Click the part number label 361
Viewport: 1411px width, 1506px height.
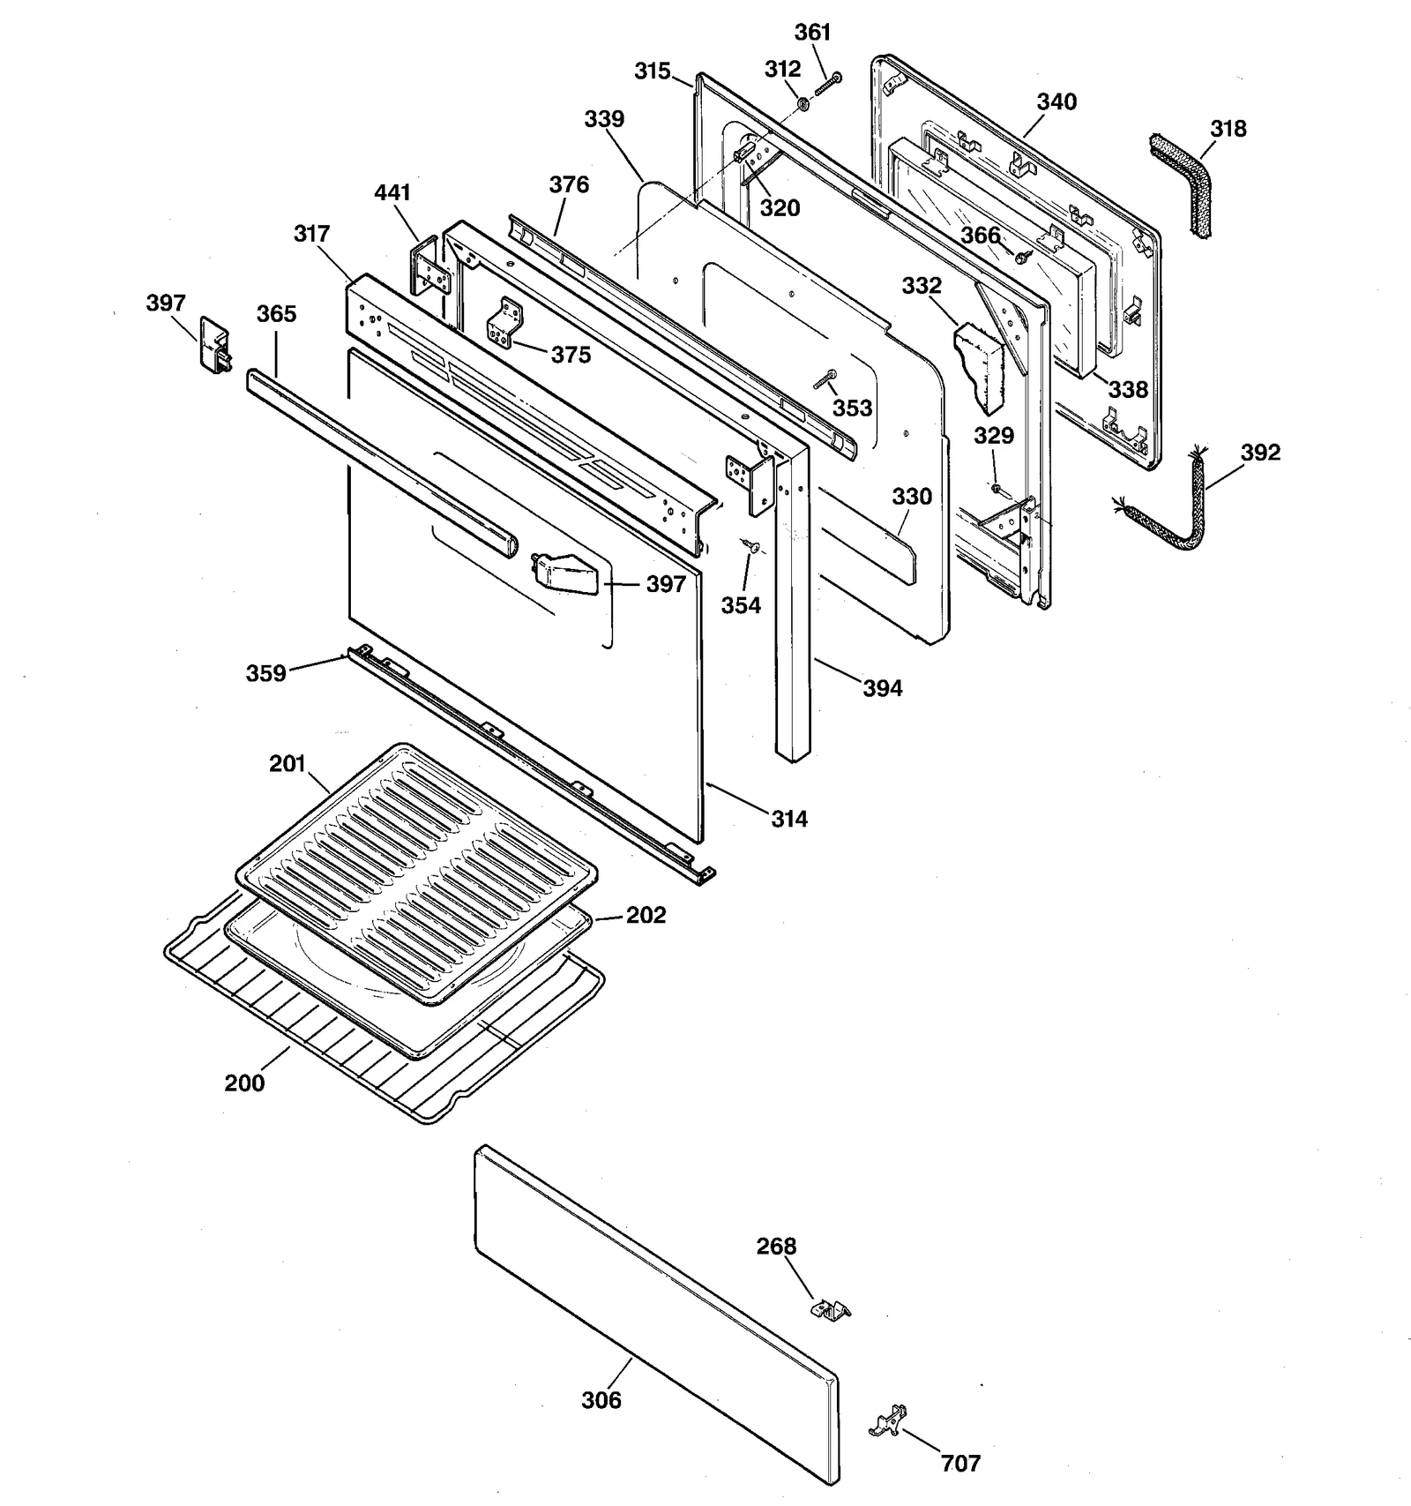(x=812, y=33)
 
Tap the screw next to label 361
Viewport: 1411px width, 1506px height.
(x=829, y=84)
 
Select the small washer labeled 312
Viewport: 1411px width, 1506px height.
(x=803, y=105)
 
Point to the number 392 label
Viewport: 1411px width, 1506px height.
(x=1259, y=453)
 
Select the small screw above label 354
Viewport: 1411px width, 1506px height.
(x=750, y=546)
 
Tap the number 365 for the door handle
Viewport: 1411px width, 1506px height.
(x=276, y=314)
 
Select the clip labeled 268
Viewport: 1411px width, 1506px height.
(x=830, y=1309)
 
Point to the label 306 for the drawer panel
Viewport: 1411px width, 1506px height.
(x=601, y=1400)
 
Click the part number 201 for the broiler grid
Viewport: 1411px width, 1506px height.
(x=287, y=763)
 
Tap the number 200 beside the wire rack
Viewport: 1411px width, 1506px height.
(x=244, y=1083)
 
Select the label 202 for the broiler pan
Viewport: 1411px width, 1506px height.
(x=646, y=915)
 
